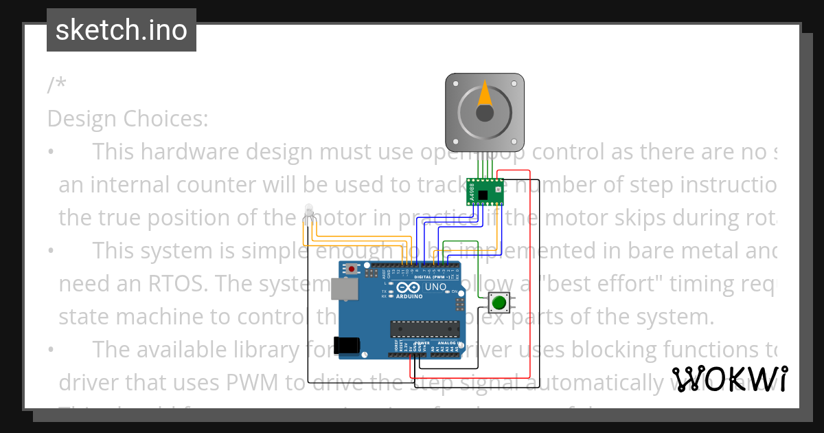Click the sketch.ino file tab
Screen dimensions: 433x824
pyautogui.click(x=121, y=30)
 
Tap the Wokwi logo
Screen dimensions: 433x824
pyautogui.click(x=729, y=379)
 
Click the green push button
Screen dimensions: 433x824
pyautogui.click(x=499, y=302)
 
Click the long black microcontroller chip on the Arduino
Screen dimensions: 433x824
pyautogui.click(x=424, y=330)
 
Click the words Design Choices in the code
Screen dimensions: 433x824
pyautogui.click(x=128, y=119)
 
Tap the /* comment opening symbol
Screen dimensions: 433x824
pyautogui.click(x=57, y=85)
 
